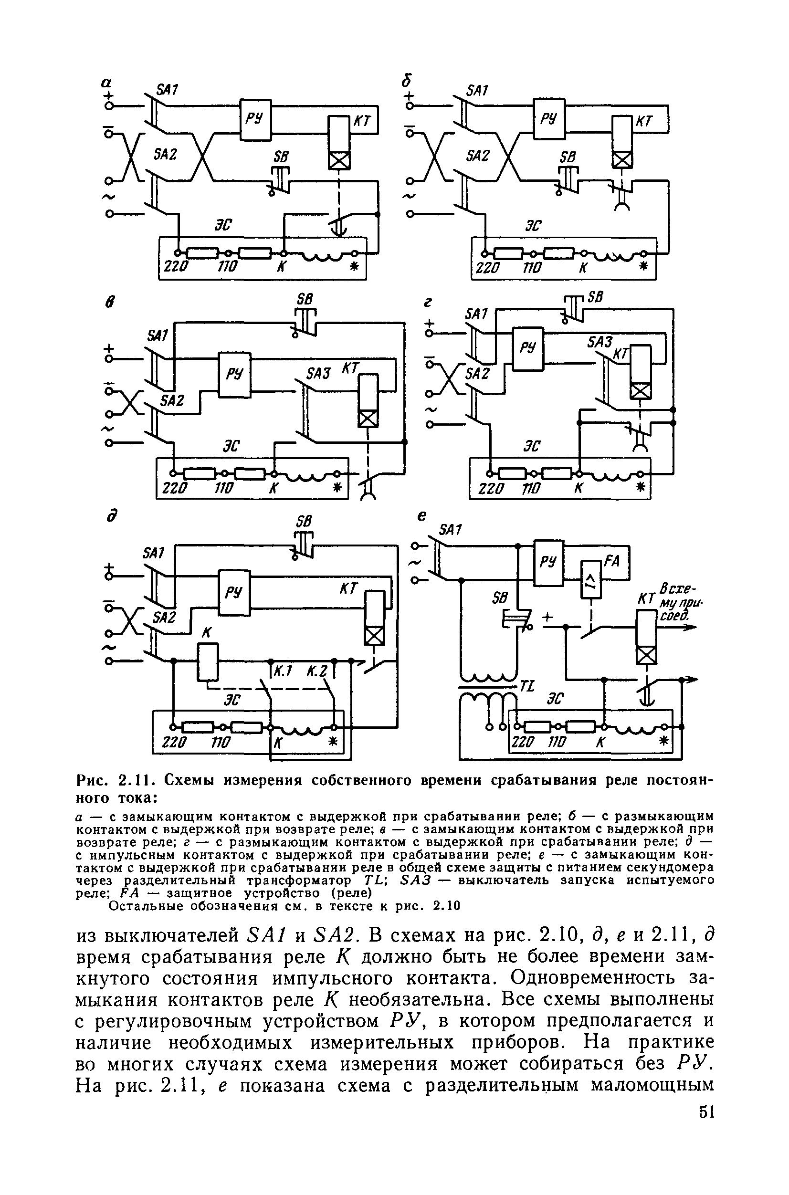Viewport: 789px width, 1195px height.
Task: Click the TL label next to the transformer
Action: click(x=527, y=686)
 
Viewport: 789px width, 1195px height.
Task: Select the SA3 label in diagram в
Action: click(x=318, y=373)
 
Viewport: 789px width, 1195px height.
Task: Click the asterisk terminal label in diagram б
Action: click(x=642, y=267)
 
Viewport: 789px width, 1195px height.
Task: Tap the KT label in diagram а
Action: click(x=362, y=121)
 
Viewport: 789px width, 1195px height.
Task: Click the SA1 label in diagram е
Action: click(x=451, y=530)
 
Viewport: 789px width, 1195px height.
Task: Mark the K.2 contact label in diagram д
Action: click(x=318, y=671)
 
